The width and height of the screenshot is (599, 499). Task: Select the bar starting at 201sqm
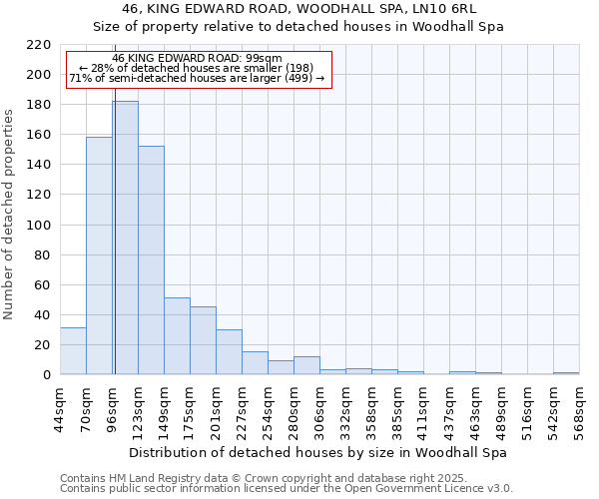pyautogui.click(x=229, y=352)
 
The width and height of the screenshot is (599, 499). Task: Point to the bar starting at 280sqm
pyautogui.click(x=306, y=365)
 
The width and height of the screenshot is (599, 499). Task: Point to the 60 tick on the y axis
pyautogui.click(x=44, y=285)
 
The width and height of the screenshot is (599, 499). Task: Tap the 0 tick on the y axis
pyautogui.click(x=48, y=375)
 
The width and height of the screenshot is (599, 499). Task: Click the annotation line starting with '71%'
pyautogui.click(x=197, y=78)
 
